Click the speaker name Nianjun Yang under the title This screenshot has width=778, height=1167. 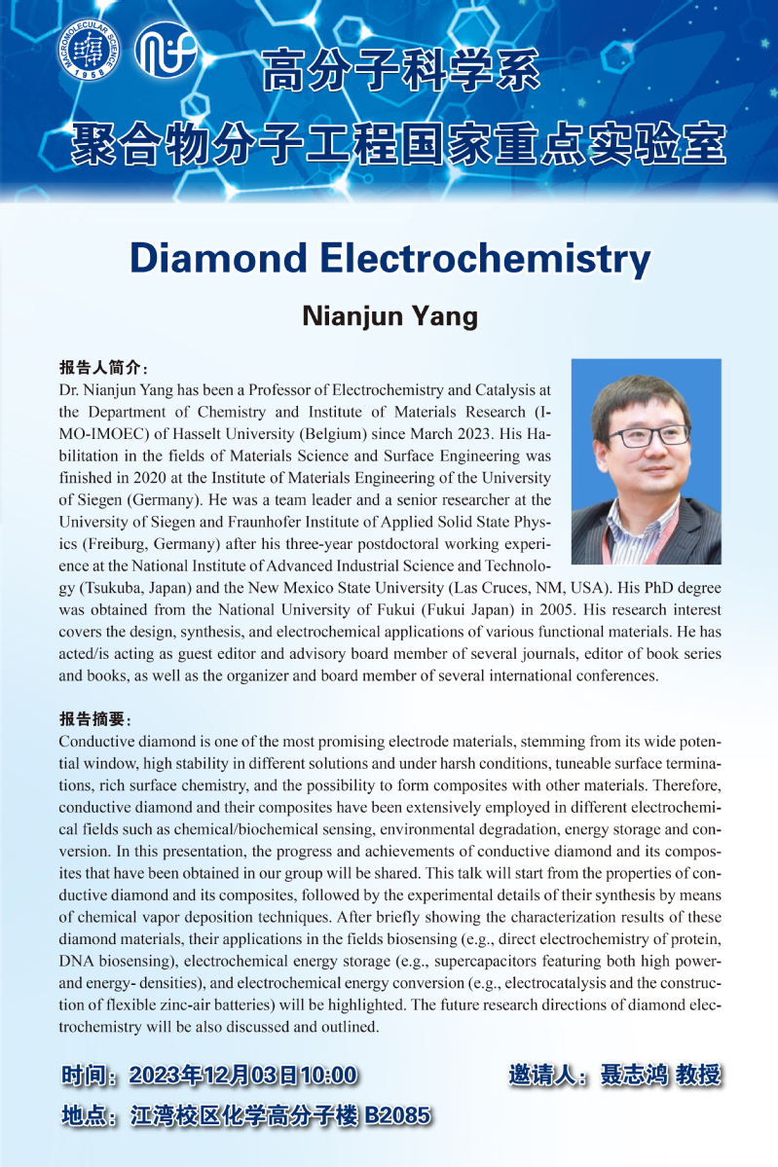click(x=389, y=316)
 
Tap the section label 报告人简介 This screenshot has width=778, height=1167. click(x=102, y=369)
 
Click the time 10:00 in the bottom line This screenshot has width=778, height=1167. click(x=329, y=1076)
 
